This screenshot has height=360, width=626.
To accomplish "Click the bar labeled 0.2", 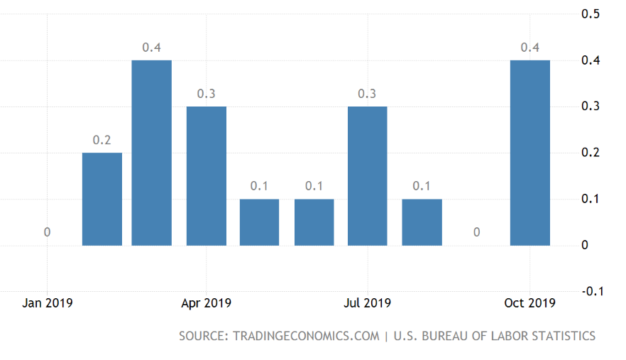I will click(x=102, y=199).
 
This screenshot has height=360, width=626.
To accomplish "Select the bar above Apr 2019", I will click(x=207, y=176).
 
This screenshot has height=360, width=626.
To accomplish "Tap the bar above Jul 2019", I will click(x=368, y=176).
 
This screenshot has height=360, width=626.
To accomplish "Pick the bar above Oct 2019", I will click(x=530, y=153).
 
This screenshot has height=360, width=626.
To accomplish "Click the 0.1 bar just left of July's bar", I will click(x=314, y=222).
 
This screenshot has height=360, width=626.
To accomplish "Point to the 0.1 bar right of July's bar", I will click(x=422, y=222).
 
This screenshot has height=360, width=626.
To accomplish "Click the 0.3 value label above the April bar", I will click(x=207, y=94).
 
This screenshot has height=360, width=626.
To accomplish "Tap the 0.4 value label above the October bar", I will click(x=530, y=48).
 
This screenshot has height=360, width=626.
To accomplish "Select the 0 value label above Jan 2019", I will click(x=47, y=232).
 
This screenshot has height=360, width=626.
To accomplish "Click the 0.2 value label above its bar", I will click(x=102, y=140).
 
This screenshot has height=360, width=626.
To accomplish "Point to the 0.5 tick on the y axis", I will click(x=591, y=14).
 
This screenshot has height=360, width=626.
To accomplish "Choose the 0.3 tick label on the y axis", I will click(x=591, y=107).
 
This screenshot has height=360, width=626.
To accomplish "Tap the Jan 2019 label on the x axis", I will click(x=48, y=303).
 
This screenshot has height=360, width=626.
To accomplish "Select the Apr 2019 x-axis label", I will click(x=207, y=303).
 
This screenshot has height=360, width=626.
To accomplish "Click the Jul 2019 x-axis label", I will click(x=368, y=303).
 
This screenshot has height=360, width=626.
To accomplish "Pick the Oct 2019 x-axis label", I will click(x=530, y=303).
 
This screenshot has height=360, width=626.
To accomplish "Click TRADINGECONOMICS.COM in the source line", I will click(x=306, y=336).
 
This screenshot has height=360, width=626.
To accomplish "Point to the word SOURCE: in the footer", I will click(x=203, y=336).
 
